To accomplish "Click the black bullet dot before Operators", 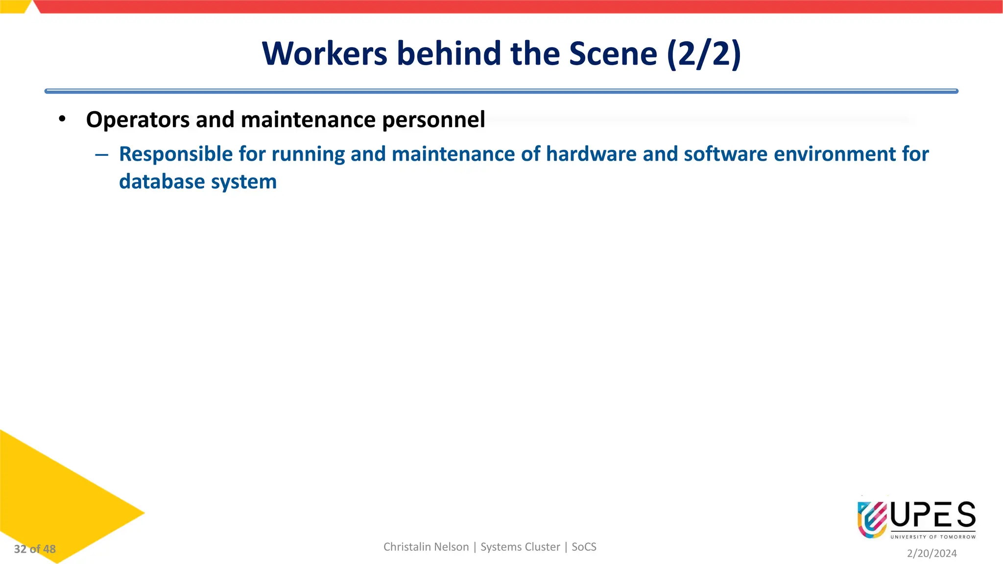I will (x=62, y=119).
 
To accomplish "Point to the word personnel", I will (x=433, y=120).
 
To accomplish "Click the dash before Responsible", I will (x=102, y=155).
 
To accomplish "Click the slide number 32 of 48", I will (x=35, y=549).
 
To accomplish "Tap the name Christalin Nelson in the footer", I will (x=426, y=547).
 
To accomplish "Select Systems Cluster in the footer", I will (x=520, y=547).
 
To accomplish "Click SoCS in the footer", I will (x=584, y=547).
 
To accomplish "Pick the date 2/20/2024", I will (x=931, y=553).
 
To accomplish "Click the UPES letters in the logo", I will (x=933, y=515).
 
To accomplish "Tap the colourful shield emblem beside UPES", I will (x=872, y=519).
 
